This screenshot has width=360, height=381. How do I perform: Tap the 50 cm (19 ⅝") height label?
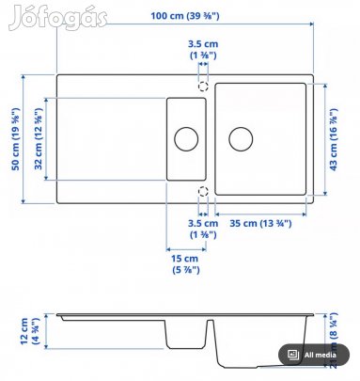(13, 138)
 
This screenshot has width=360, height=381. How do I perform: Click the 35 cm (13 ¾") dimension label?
(262, 222)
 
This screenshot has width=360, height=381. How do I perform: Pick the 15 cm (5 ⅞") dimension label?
(184, 264)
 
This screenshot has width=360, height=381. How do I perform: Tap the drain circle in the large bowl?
(241, 138)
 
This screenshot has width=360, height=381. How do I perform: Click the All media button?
(314, 355)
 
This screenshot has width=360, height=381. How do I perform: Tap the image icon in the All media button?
(293, 355)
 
